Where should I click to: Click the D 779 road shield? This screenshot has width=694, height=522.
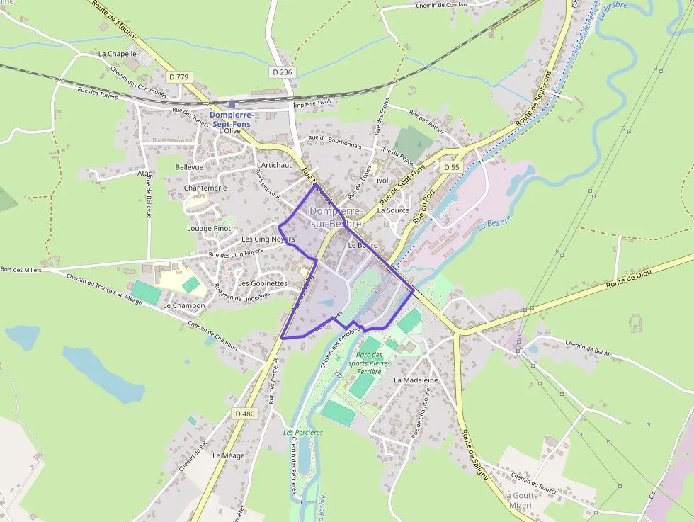tap(180, 76)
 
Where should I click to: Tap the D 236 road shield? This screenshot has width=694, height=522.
tap(281, 72)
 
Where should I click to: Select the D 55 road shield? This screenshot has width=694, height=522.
tap(450, 167)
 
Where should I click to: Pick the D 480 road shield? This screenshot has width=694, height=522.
tap(244, 414)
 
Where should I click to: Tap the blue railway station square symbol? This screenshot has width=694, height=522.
tap(232, 104)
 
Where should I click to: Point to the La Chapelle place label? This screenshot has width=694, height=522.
tap(117, 53)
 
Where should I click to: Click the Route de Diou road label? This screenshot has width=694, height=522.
tap(628, 278)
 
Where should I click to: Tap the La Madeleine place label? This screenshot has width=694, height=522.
tap(416, 380)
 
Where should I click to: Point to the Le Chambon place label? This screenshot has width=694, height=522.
tap(183, 306)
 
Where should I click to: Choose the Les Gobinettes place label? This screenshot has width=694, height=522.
tap(263, 283)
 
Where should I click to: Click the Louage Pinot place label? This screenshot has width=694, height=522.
tap(209, 229)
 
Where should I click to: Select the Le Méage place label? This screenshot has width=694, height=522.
tap(228, 455)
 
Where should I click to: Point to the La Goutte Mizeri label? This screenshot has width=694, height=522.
tap(520, 500)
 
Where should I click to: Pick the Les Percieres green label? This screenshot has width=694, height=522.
tap(302, 433)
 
